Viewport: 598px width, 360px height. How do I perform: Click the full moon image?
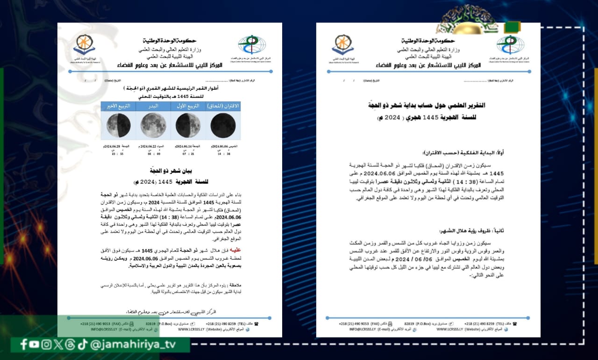point(153,125)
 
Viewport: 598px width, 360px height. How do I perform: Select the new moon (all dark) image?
point(223,125)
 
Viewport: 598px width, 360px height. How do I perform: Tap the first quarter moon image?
point(188,125)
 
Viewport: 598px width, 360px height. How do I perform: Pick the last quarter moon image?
point(118,125)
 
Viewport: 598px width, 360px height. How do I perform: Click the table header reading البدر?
point(153,106)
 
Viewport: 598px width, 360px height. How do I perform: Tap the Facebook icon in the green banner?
point(24,345)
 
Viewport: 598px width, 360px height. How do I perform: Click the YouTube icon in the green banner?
point(35,345)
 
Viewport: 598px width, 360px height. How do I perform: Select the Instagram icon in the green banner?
point(46,345)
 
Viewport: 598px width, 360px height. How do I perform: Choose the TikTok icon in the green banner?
point(82,345)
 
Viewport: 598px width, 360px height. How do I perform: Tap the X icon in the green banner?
point(58,345)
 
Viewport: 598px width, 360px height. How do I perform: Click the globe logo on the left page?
point(252,45)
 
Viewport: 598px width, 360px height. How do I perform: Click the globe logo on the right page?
point(510,45)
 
